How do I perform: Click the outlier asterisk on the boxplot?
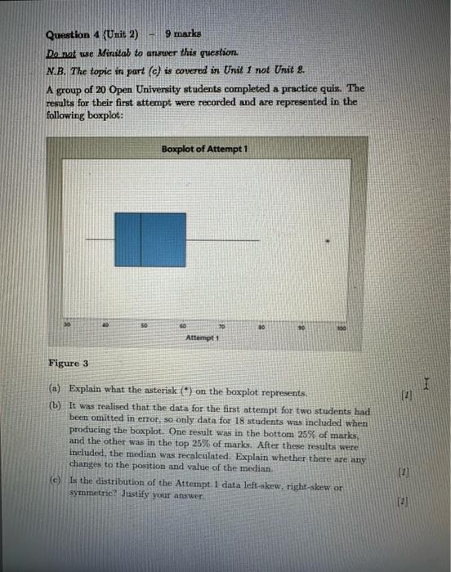tap(328, 240)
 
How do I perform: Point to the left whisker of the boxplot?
tap(100, 239)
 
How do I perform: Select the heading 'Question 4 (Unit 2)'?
tap(92, 34)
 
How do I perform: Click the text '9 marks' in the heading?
tap(182, 34)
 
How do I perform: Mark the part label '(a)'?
tap(56, 389)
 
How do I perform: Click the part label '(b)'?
tap(56, 405)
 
